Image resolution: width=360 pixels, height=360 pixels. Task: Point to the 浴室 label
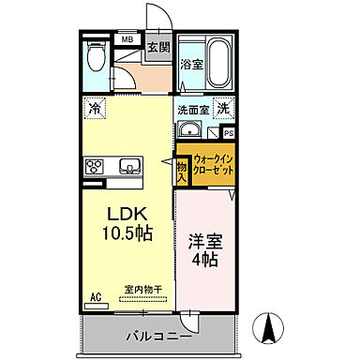point(191,65)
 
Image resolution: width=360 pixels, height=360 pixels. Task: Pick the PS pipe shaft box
point(229,133)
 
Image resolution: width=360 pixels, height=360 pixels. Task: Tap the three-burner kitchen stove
point(97,168)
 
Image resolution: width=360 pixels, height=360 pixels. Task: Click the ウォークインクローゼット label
point(213,170)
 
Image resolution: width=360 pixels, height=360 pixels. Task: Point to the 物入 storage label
point(181,170)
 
